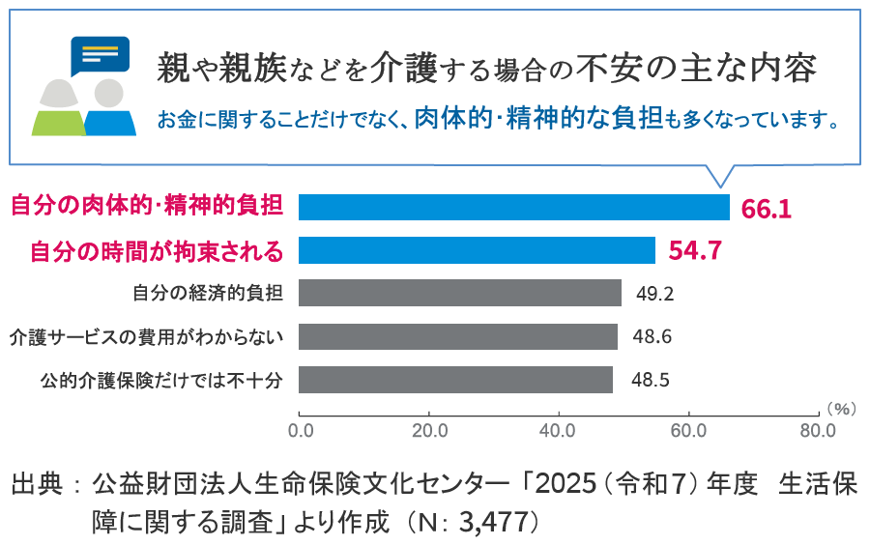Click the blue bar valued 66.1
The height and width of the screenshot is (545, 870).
point(513,208)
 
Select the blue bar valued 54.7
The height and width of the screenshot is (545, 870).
point(477,250)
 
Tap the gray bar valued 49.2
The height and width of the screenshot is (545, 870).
point(459,293)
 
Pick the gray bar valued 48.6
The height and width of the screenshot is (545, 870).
point(457,336)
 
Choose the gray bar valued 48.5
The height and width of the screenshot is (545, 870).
point(455,380)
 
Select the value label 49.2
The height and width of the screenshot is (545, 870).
point(653,294)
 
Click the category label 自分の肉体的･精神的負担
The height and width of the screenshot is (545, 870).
point(147,207)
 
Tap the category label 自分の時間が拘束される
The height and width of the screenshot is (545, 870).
point(157,251)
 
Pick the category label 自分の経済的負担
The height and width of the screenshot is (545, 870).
point(208,293)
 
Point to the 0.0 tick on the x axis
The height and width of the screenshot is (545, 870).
point(301,429)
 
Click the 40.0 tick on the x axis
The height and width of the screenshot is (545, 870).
point(558,429)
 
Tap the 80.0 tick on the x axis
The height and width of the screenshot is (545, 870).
point(817,429)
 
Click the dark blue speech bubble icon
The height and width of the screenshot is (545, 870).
point(100,57)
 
